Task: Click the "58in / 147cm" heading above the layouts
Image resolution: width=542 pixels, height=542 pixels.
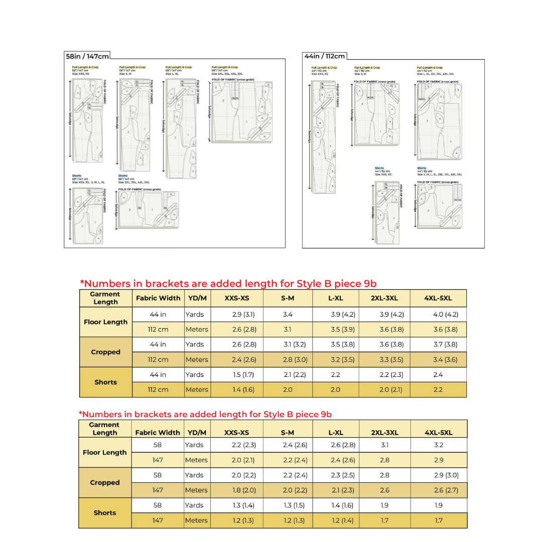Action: tap(87, 56)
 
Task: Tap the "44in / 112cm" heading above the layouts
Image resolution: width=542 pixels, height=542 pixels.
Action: tap(325, 56)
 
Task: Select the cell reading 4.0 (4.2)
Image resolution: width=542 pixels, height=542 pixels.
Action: tap(445, 315)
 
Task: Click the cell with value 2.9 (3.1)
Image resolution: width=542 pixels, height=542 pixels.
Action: tap(243, 315)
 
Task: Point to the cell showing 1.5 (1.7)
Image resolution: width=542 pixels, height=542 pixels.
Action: tap(243, 375)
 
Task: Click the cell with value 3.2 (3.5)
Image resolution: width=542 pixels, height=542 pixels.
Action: tap(343, 360)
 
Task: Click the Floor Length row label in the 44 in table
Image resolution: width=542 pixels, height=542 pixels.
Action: tap(105, 322)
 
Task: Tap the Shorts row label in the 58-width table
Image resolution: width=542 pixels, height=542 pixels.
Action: tap(105, 513)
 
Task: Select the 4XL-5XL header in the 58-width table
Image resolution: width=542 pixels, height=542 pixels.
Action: tap(438, 433)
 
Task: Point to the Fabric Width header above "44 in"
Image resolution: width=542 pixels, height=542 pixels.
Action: tap(158, 298)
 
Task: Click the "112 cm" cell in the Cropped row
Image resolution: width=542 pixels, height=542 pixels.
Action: tap(158, 360)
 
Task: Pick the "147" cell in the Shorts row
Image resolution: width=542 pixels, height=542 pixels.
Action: tap(158, 520)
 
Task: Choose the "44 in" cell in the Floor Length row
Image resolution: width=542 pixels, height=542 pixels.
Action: tap(158, 315)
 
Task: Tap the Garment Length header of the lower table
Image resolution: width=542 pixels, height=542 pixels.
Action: tap(105, 429)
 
